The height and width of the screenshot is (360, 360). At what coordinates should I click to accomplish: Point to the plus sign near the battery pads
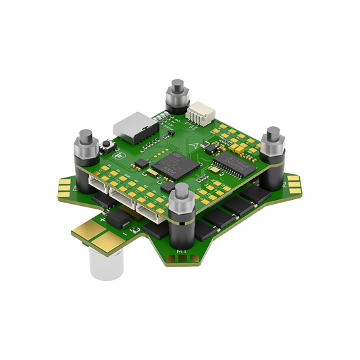103,220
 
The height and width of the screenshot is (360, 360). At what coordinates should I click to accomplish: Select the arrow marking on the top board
194,143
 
